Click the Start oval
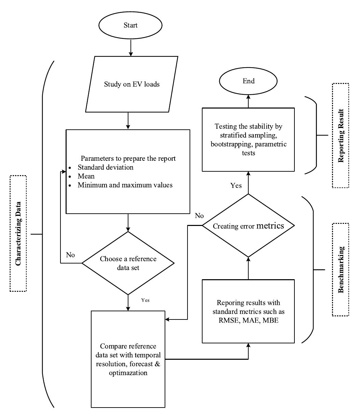point(131,26)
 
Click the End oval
point(248,81)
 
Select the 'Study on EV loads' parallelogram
point(131,84)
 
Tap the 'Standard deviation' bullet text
point(105,168)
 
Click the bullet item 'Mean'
point(86,176)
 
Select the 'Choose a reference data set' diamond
point(128,263)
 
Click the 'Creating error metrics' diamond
point(248,226)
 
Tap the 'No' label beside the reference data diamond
point(70,255)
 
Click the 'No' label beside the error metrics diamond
point(199,216)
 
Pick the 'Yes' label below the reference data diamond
point(145,300)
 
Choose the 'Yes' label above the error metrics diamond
point(236,186)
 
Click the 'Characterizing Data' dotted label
point(18,233)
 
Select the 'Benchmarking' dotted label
point(341,270)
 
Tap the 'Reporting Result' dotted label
point(341,135)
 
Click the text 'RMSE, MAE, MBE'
point(248,321)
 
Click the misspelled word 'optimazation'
point(128,373)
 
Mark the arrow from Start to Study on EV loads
point(131,48)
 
